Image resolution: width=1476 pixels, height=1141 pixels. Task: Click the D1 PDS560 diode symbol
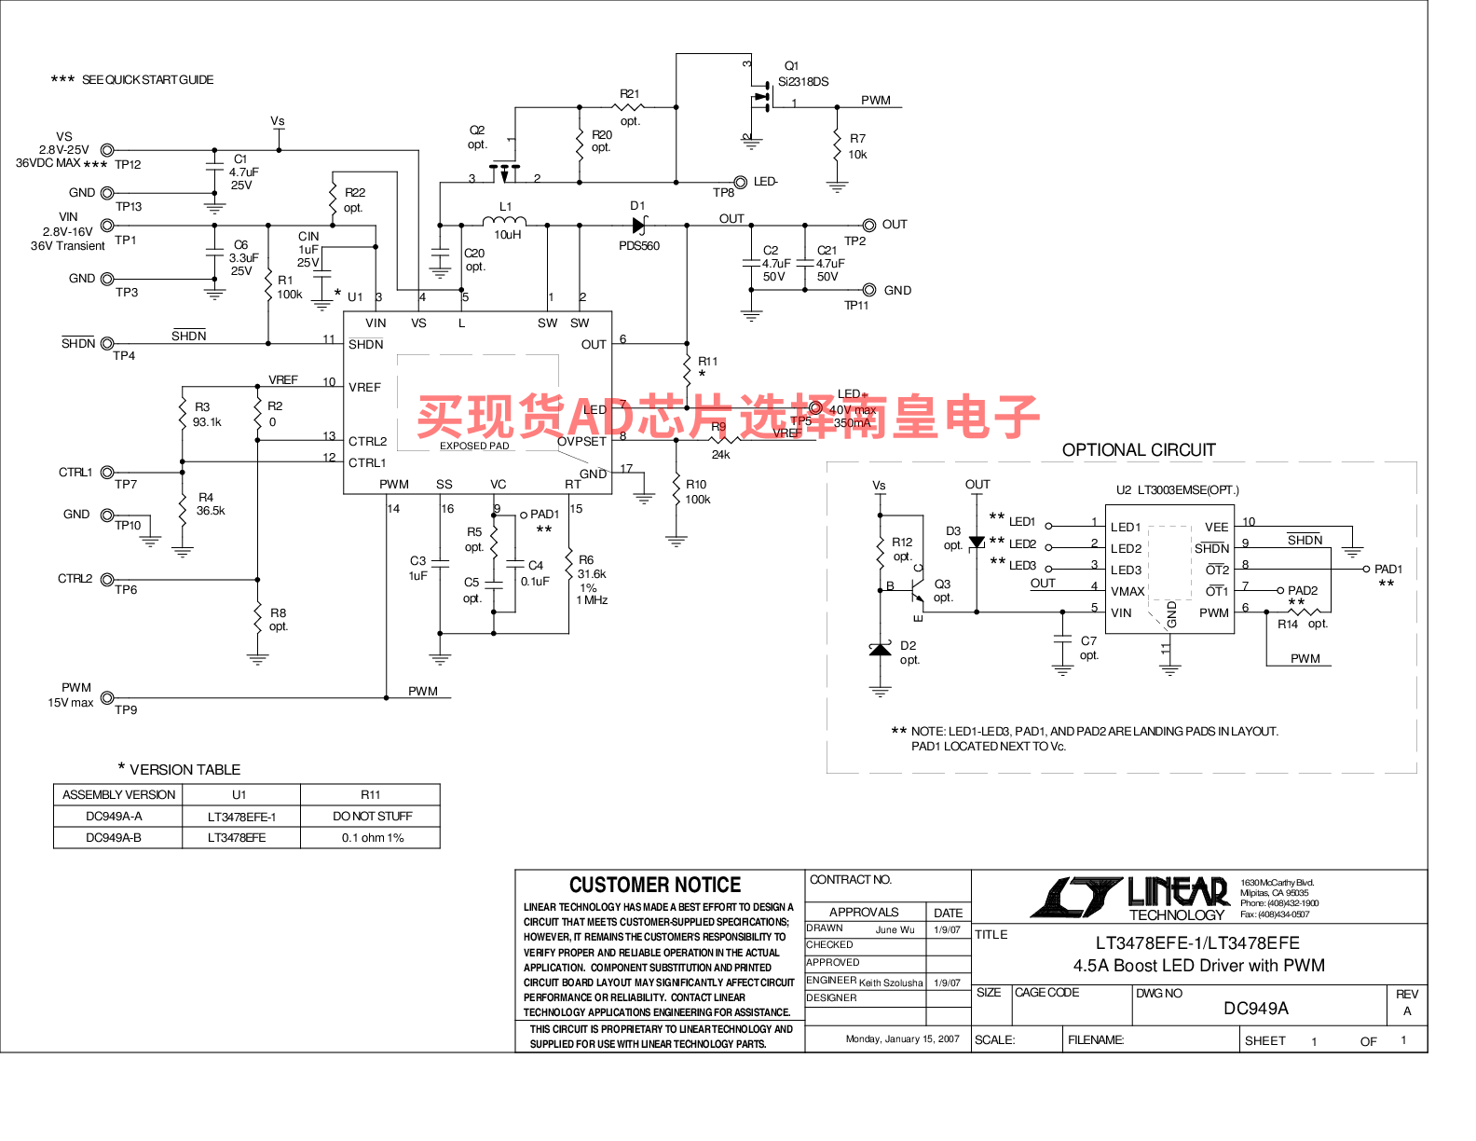pos(638,225)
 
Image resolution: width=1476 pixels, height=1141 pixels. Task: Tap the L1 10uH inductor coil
pos(504,222)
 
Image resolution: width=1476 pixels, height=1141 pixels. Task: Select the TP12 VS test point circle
pos(107,150)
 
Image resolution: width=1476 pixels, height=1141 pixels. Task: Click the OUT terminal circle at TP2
pos(868,225)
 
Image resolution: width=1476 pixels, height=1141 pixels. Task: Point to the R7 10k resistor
pos(838,145)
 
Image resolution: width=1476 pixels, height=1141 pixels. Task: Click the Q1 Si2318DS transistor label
pos(802,74)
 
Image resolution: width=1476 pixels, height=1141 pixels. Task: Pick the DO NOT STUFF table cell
pos(372,817)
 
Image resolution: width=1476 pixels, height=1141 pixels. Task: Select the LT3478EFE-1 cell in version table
pos(241,817)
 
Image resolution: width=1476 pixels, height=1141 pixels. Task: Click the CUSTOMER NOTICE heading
pos(655,885)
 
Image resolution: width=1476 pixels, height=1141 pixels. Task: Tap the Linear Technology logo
pos(1130,897)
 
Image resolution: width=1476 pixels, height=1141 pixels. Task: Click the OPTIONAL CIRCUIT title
pos(1139,450)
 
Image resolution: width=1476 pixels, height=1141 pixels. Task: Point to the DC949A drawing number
pos(1255,1009)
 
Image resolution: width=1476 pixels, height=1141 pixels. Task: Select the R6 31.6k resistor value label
pos(591,574)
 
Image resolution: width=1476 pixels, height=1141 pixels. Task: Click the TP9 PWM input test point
pos(107,697)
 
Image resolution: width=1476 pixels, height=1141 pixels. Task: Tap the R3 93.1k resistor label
pos(206,415)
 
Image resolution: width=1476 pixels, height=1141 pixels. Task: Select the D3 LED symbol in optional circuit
pos(977,542)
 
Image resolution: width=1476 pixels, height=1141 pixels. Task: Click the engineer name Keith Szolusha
pos(890,983)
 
